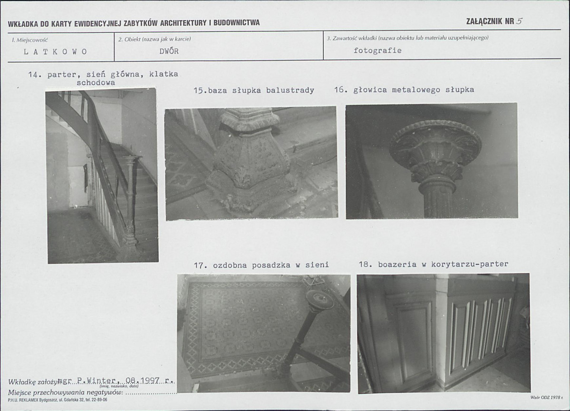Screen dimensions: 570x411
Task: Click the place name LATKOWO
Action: (55, 52)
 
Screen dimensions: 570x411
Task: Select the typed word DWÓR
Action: (169, 51)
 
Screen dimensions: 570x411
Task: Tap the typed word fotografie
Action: (377, 50)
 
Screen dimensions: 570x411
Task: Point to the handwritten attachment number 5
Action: (519, 21)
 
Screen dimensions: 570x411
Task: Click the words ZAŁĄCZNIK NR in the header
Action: (490, 21)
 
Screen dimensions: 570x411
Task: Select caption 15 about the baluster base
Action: (254, 90)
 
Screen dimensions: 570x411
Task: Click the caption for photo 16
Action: (404, 89)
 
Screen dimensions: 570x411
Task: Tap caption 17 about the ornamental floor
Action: (261, 265)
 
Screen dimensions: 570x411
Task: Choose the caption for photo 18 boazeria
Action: (433, 264)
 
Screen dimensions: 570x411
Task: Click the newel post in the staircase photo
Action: (129, 204)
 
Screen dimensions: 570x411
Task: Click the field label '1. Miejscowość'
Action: (29, 40)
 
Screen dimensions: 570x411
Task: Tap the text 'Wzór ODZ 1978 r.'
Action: (547, 397)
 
